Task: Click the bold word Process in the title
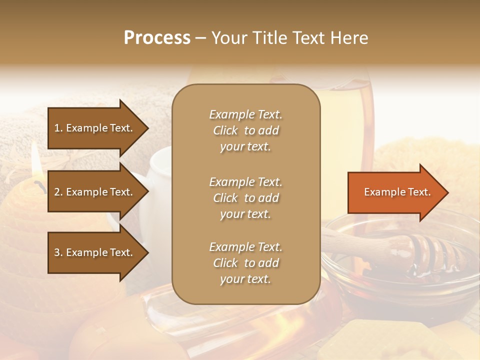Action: point(157,37)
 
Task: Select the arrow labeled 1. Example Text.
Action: point(95,128)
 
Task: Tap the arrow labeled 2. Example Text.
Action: point(95,192)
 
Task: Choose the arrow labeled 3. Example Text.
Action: point(95,253)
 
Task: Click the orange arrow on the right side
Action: point(395,192)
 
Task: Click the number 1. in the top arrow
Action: point(58,128)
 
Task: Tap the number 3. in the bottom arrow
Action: point(58,253)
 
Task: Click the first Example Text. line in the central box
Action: point(245,114)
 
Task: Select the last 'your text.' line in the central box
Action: point(245,279)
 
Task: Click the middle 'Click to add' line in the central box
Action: point(245,198)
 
